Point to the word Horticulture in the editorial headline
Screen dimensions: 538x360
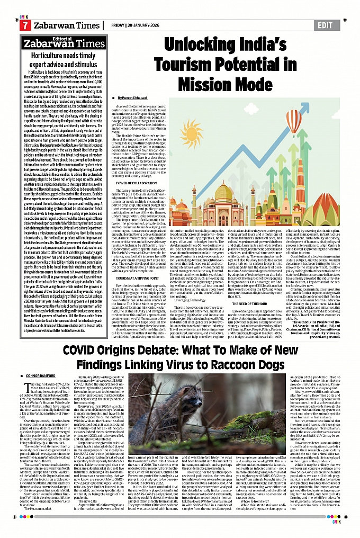pos(49,55)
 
